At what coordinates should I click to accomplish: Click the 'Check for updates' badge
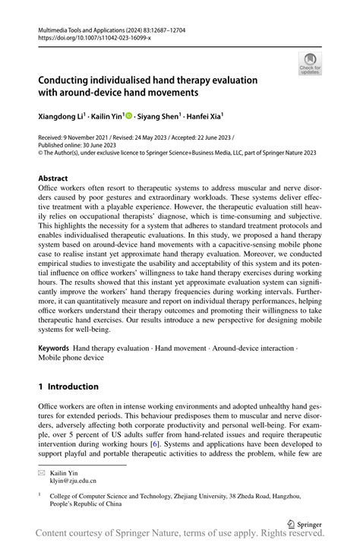coord(311,64)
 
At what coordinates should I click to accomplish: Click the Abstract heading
coord(57,178)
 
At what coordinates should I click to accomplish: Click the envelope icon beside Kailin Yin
coord(43,471)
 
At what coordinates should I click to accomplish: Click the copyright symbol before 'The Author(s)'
coord(41,153)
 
